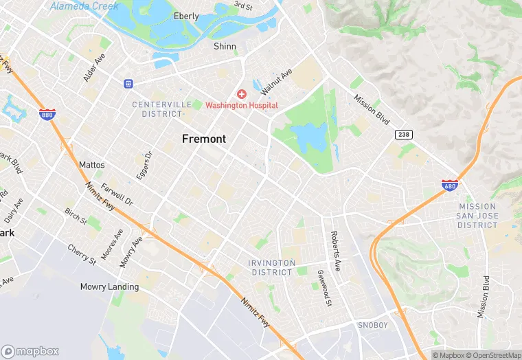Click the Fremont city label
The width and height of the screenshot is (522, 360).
pos(203,139)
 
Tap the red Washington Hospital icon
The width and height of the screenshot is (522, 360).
pos(241,93)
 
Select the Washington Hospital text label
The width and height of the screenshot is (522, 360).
pos(242,105)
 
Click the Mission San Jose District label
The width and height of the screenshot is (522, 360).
pos(477,216)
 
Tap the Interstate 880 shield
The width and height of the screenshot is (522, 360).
pos(47,115)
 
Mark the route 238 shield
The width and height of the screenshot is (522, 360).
pos(403,135)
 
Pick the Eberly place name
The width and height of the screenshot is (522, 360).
pos(186,16)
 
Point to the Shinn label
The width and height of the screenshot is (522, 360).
pos(225,47)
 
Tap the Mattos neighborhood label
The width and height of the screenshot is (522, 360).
pos(92,165)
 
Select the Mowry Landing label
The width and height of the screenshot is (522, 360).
pos(109,286)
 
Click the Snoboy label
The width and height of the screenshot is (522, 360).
pos(373,324)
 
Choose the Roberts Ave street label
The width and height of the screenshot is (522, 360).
pos(336,252)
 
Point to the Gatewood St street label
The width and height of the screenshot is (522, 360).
pos(324,286)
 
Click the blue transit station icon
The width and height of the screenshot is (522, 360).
pos(128,84)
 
